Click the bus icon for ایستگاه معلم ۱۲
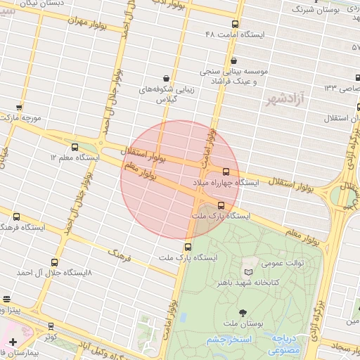(75, 146)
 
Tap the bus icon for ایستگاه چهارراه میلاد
(226, 171)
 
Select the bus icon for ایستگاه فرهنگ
(16, 217)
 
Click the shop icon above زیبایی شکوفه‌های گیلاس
(165, 78)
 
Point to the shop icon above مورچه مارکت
(19, 108)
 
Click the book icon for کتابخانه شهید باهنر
(247, 272)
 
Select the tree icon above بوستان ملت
(243, 311)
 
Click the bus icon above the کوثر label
(51, 326)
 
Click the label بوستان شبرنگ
(317, 10)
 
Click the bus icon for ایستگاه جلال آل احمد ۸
(77, 259)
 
